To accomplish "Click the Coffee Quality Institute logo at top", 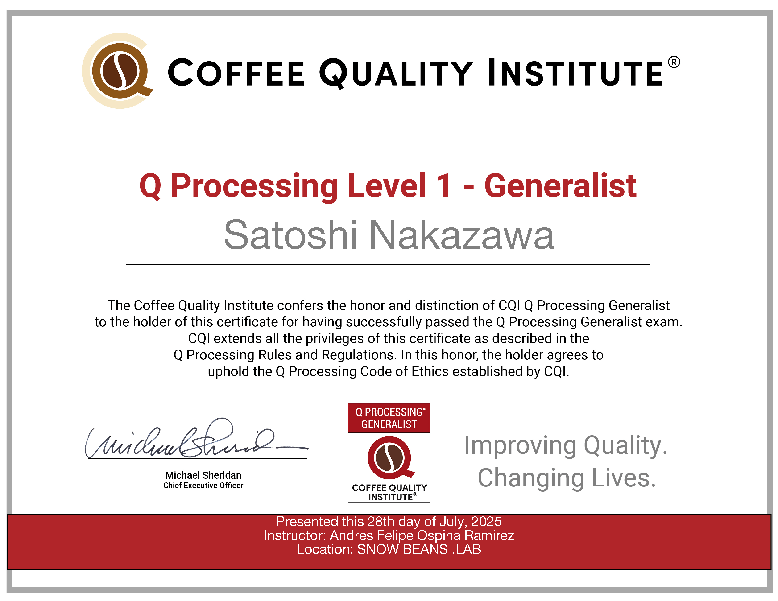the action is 118,71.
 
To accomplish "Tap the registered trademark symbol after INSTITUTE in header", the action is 674,62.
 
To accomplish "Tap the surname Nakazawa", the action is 462,235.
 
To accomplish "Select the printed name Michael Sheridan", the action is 203,475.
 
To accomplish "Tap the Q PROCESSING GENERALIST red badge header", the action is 389,418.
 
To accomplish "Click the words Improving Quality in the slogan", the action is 565,445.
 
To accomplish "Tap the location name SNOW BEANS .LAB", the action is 419,549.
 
